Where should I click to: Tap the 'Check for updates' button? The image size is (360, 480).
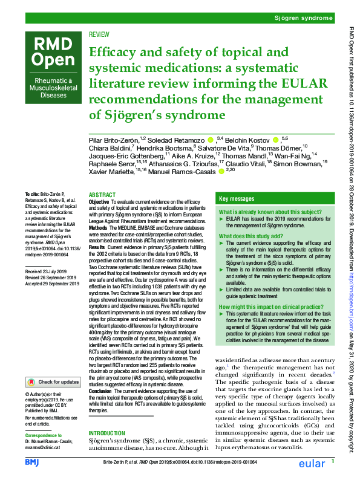click(53, 382)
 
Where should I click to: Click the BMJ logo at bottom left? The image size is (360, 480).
click(31, 462)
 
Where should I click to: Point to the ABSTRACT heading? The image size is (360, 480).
click(102, 195)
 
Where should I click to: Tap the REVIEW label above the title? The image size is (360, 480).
click(99, 36)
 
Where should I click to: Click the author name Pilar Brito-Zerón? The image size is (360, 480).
click(116, 140)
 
